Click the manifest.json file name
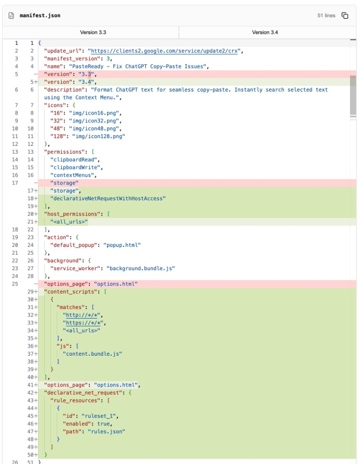click(x=40, y=15)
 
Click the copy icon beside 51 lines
click(x=345, y=15)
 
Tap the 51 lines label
click(x=326, y=15)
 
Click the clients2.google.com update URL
click(x=165, y=51)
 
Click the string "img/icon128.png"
click(x=98, y=136)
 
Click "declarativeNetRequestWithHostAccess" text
click(x=108, y=198)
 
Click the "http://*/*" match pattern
click(x=83, y=315)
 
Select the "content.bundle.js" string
click(x=92, y=353)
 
